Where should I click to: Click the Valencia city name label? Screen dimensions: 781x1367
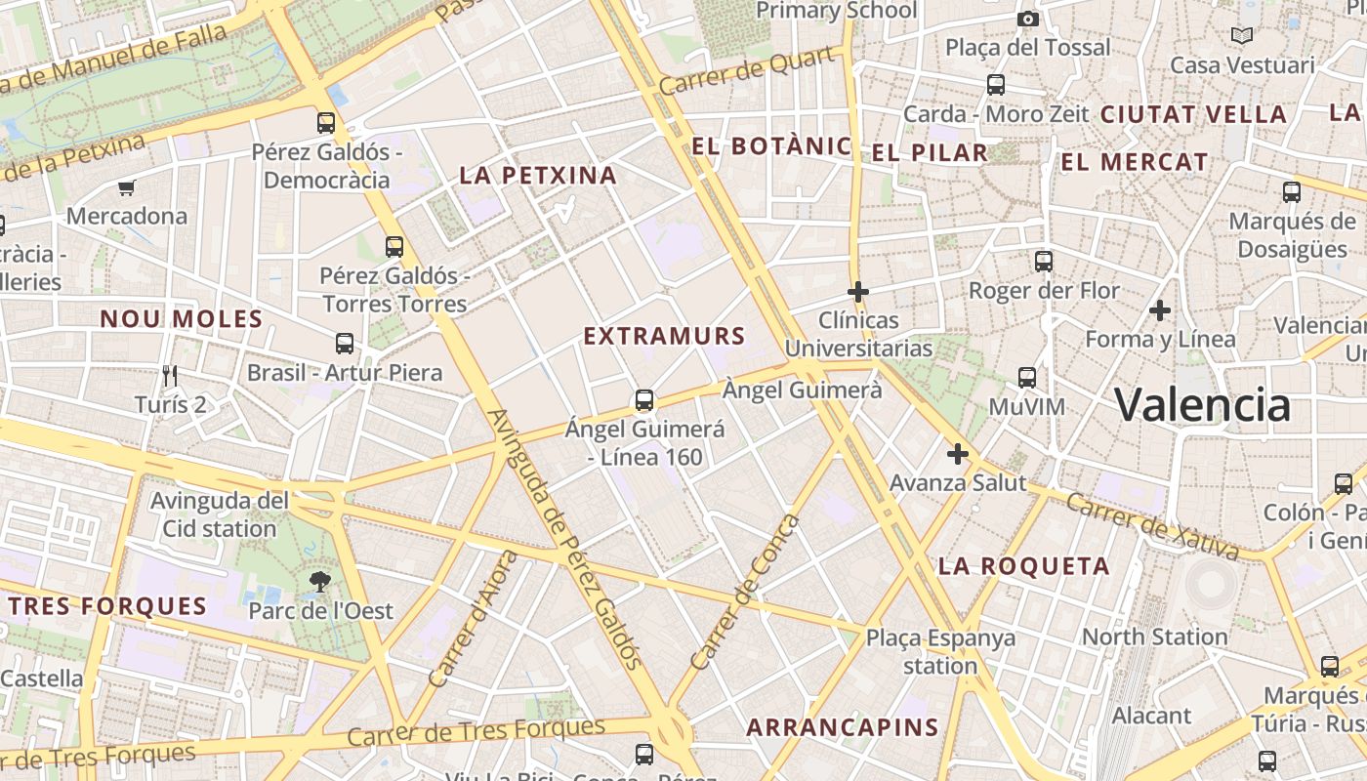point(1202,404)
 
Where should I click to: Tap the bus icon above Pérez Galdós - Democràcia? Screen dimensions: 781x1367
point(326,123)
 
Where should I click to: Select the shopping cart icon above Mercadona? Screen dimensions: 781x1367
point(126,187)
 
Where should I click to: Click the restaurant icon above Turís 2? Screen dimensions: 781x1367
point(170,375)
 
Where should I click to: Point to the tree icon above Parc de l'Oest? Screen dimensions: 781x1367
point(319,583)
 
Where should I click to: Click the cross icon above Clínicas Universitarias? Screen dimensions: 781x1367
point(858,291)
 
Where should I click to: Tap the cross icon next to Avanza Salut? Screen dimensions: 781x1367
point(958,454)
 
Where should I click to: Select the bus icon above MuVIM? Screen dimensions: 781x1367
point(1026,377)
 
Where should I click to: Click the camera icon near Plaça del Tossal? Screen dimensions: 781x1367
point(1027,19)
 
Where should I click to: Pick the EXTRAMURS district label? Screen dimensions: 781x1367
point(664,337)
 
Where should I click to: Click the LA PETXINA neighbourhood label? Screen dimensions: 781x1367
point(538,176)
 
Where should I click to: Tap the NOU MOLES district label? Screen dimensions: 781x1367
point(182,319)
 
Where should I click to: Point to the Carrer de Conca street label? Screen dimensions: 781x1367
point(745,592)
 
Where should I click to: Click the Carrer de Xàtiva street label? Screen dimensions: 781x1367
point(1152,526)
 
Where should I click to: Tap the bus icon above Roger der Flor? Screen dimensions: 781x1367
point(1044,262)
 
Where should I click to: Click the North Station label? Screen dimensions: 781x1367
point(1154,637)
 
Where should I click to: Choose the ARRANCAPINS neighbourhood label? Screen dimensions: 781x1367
point(842,727)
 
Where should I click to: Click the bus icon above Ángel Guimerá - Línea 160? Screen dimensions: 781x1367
point(644,400)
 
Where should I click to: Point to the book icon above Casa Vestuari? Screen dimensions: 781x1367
point(1242,36)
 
